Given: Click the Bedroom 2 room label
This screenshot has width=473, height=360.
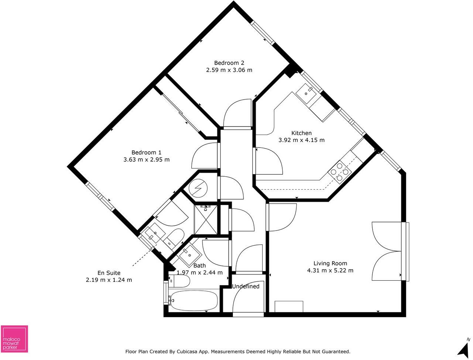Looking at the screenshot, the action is click(229, 63).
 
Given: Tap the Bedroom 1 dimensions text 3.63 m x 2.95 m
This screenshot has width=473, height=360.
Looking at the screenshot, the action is click(146, 160).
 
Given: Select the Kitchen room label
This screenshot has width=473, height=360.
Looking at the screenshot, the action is click(301, 133).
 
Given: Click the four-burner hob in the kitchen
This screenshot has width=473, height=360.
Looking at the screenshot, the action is click(339, 172).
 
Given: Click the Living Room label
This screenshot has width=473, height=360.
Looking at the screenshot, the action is click(330, 263).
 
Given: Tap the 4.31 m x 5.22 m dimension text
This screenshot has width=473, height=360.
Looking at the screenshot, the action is click(330, 270).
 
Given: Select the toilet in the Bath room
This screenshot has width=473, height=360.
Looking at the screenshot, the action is click(179, 281).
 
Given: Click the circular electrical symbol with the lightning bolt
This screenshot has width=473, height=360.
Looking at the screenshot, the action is click(198, 188).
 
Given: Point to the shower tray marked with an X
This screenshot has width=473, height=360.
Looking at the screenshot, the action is click(206, 219).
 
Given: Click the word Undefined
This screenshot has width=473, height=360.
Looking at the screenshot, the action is click(246, 286).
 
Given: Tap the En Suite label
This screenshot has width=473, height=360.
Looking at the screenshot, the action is click(109, 273).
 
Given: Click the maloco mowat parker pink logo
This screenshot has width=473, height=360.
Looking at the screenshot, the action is click(14, 339).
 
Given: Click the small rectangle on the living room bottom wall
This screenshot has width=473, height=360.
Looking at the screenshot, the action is click(289, 307).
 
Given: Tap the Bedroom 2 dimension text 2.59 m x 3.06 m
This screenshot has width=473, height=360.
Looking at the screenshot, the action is click(229, 70).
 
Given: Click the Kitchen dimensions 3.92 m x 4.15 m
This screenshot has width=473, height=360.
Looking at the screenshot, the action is click(301, 140).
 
